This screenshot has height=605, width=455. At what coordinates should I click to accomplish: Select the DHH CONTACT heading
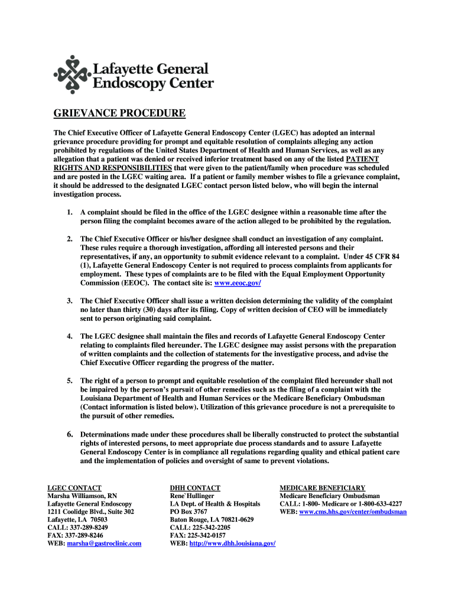(x=195, y=488)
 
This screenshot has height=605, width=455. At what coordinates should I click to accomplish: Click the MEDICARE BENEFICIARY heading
(x=323, y=488)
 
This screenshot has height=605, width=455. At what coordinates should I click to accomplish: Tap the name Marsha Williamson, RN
(x=82, y=496)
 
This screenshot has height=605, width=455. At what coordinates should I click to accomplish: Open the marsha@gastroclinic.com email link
(x=104, y=543)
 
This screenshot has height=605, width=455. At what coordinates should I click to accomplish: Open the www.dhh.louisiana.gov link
(x=232, y=543)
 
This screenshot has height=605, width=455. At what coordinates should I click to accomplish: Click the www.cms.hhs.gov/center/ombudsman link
(x=353, y=512)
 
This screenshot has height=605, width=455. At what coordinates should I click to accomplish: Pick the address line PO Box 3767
(x=188, y=512)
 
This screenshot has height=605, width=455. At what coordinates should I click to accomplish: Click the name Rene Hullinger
(x=192, y=496)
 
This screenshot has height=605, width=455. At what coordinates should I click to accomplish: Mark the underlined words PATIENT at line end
(x=362, y=160)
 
